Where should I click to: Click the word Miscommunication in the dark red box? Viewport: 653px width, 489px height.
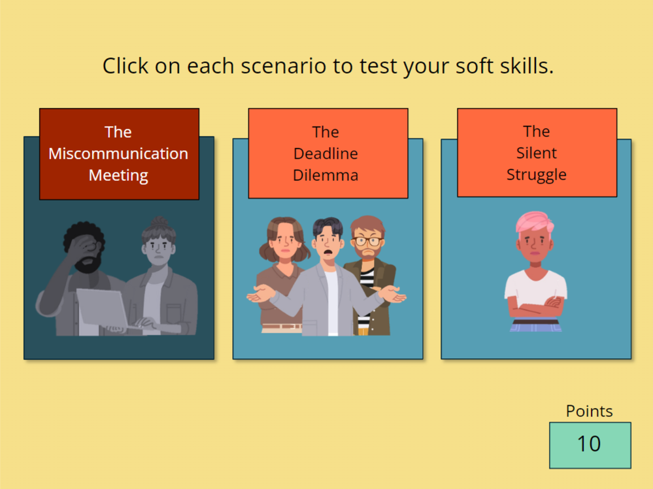click(118, 154)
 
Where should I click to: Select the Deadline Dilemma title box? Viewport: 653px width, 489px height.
click(328, 153)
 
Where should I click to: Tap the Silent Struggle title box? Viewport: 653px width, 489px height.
click(537, 153)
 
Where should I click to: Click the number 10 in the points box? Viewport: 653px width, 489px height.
click(589, 444)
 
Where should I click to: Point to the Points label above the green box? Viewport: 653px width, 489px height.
click(590, 411)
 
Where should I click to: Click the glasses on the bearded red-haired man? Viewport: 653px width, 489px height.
click(368, 241)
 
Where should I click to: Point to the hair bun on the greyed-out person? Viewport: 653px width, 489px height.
click(159, 221)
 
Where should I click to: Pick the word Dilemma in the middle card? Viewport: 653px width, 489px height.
click(326, 175)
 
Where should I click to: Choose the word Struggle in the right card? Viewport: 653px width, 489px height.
click(537, 175)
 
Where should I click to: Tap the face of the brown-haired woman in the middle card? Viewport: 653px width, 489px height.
click(285, 242)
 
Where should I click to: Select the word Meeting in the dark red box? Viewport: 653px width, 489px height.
click(118, 175)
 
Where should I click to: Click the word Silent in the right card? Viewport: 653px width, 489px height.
click(537, 153)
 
